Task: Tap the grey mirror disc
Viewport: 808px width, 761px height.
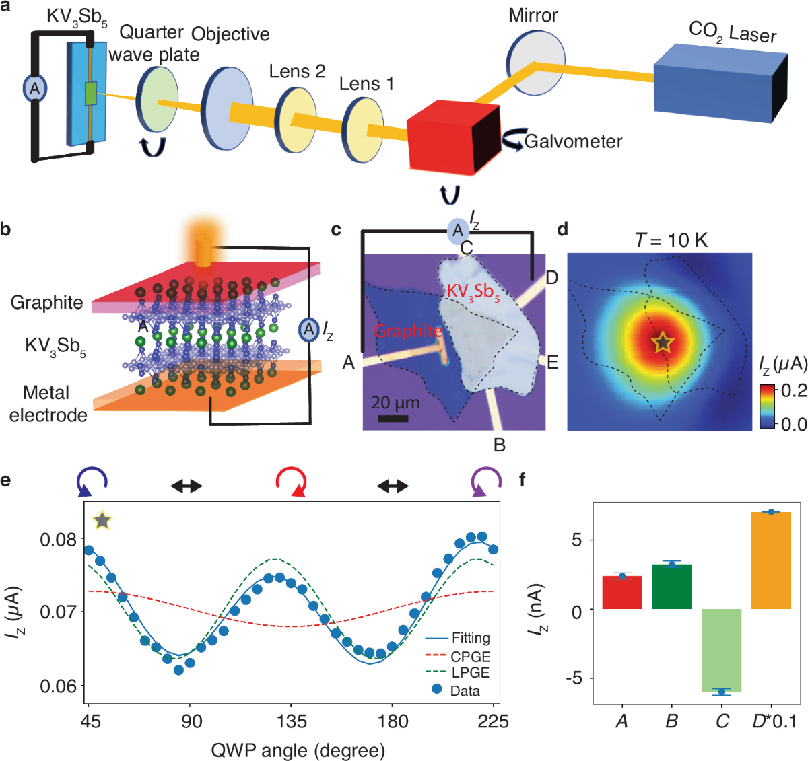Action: tap(535, 57)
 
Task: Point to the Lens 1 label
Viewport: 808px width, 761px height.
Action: tap(366, 84)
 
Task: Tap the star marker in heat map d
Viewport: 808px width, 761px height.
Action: tap(663, 342)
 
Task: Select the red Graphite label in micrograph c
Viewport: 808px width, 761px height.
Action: tap(407, 331)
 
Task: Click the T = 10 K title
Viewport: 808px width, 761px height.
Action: tap(671, 240)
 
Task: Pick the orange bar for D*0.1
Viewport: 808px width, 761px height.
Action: tap(772, 560)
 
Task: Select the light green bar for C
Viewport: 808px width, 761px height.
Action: tap(722, 650)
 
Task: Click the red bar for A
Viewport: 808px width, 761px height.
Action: tap(622, 592)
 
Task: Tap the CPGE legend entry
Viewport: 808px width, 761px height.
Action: tap(470, 656)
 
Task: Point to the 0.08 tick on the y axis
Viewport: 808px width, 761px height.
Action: tap(58, 540)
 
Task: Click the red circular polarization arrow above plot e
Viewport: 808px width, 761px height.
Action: tap(292, 482)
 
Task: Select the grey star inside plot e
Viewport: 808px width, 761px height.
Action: tap(102, 520)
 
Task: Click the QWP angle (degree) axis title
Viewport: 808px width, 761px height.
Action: tap(298, 750)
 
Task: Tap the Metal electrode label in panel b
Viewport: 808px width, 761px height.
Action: tap(48, 403)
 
